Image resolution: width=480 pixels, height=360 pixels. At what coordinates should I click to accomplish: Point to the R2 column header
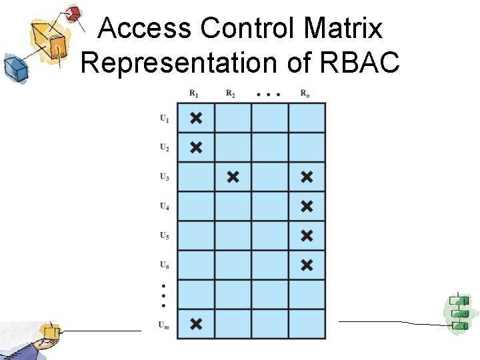pyautogui.click(x=231, y=94)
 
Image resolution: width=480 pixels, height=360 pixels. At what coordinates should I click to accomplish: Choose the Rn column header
pyautogui.click(x=305, y=94)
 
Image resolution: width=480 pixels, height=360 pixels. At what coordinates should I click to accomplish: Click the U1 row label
pyautogui.click(x=164, y=119)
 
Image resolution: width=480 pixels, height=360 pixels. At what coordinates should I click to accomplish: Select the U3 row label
pyautogui.click(x=164, y=177)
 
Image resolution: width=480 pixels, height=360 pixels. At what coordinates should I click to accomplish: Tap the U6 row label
pyautogui.click(x=164, y=265)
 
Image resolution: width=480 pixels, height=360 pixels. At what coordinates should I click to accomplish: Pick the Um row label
pyautogui.click(x=164, y=325)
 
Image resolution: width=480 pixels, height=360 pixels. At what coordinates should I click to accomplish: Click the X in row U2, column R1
pyautogui.click(x=196, y=147)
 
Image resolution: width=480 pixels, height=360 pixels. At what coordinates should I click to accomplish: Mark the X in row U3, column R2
pyautogui.click(x=233, y=177)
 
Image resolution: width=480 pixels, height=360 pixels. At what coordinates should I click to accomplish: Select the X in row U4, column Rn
pyautogui.click(x=307, y=206)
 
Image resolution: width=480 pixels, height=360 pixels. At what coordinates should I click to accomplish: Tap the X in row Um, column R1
pyautogui.click(x=196, y=324)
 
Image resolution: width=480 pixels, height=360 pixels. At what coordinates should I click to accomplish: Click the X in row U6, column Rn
pyautogui.click(x=307, y=265)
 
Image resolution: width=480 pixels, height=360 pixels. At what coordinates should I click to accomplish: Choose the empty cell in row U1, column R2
pyautogui.click(x=233, y=118)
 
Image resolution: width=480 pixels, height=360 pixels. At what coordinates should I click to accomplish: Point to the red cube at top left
pyautogui.click(x=73, y=13)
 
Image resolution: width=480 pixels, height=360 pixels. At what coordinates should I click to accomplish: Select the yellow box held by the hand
pyautogui.click(x=50, y=331)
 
